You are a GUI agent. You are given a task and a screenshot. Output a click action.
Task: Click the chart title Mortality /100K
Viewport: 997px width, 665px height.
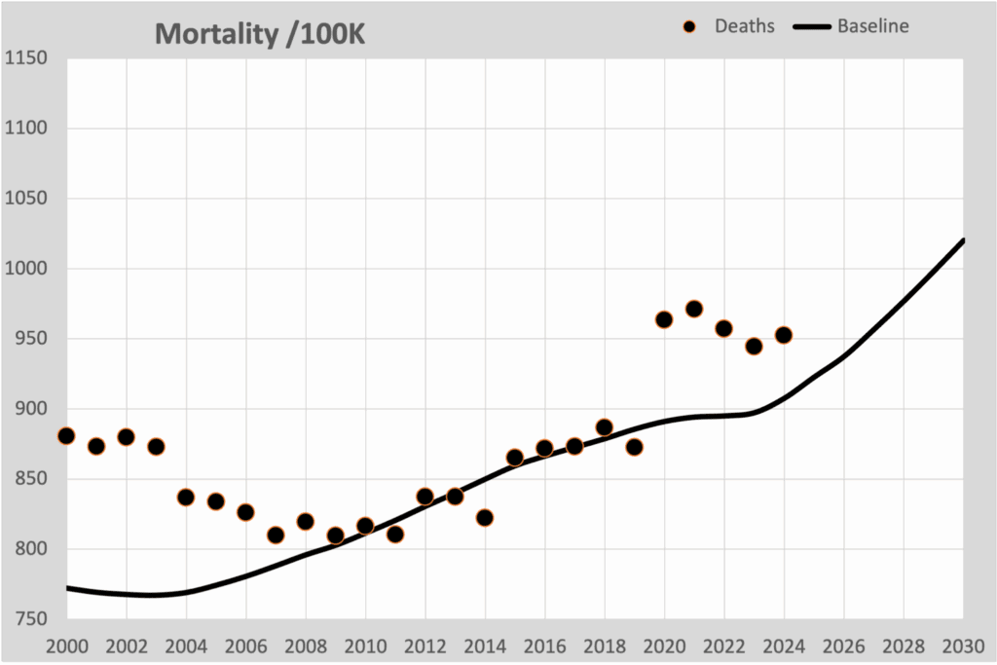click(x=260, y=33)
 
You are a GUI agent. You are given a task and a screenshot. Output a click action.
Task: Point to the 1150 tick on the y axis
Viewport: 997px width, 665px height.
click(x=26, y=58)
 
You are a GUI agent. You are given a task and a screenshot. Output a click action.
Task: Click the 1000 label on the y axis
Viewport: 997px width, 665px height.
click(x=26, y=269)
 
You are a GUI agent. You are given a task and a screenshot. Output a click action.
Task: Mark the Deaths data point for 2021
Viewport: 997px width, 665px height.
click(x=694, y=309)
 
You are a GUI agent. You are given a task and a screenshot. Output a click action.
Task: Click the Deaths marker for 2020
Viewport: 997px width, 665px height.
click(x=664, y=319)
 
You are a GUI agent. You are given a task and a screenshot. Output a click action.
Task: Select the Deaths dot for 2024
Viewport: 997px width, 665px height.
click(x=784, y=335)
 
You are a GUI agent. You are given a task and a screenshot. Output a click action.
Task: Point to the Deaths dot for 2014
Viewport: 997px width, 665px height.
click(x=485, y=518)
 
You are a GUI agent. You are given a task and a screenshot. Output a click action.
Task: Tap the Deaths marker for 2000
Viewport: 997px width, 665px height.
click(x=66, y=435)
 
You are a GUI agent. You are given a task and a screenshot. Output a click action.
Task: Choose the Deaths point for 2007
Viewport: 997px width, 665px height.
click(x=276, y=535)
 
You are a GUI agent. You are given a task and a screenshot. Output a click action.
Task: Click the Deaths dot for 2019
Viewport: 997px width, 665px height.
click(x=634, y=447)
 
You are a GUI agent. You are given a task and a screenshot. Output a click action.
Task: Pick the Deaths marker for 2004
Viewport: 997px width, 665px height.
click(x=186, y=497)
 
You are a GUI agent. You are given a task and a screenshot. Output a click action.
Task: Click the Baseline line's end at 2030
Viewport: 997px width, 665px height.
click(x=963, y=240)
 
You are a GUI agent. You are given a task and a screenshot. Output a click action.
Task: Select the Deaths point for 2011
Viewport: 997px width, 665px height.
click(x=395, y=534)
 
